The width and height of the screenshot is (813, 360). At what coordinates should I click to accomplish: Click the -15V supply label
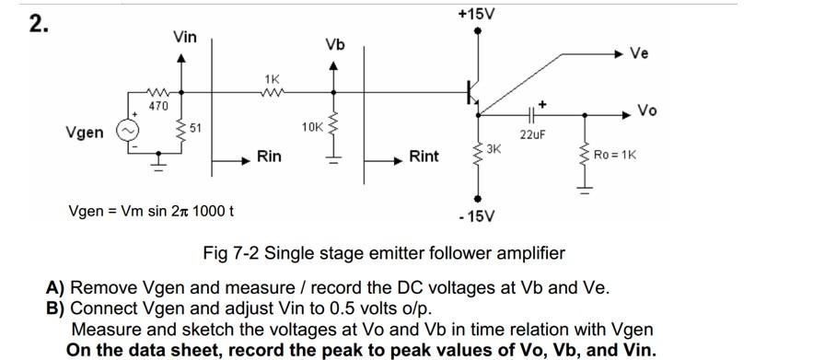[x=476, y=216]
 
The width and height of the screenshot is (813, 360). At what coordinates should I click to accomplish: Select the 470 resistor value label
[x=159, y=107]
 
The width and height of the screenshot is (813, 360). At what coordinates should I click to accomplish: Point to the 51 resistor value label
[x=195, y=127]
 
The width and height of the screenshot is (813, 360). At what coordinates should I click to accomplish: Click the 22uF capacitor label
[x=531, y=134]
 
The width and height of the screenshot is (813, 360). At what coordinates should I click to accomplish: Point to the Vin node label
[x=184, y=37]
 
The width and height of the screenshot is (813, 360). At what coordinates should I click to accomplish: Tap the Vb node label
[x=335, y=44]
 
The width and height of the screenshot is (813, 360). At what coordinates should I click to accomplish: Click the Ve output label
[x=639, y=52]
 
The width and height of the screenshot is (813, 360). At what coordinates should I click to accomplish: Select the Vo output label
[x=646, y=110]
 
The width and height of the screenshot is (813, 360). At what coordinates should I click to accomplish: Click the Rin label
[x=269, y=157]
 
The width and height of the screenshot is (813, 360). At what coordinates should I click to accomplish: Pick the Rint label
[x=424, y=157]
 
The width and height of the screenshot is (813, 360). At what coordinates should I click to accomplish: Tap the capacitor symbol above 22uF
[x=531, y=115]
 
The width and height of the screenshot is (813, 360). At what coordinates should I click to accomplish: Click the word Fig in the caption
[x=216, y=252]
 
